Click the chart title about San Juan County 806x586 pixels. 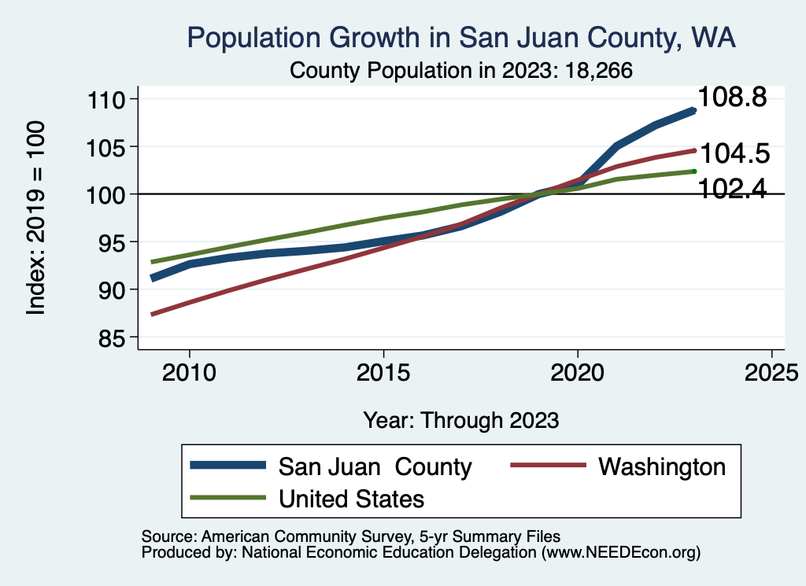(x=460, y=39)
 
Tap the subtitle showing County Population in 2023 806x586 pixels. (x=462, y=70)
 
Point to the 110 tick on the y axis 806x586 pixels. (x=112, y=99)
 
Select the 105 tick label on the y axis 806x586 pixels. (x=112, y=147)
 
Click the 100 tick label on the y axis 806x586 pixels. (x=112, y=194)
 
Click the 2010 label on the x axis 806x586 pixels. (x=189, y=371)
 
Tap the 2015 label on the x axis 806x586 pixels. (x=383, y=371)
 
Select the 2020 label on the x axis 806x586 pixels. (x=578, y=371)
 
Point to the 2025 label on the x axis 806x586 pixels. (x=771, y=371)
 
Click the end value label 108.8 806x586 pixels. (x=733, y=97)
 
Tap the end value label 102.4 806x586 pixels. (x=733, y=189)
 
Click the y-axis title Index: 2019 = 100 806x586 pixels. (x=36, y=219)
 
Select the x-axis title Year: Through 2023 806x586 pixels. (x=461, y=420)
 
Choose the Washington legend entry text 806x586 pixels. (x=662, y=466)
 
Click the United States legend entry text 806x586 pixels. (x=352, y=499)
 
